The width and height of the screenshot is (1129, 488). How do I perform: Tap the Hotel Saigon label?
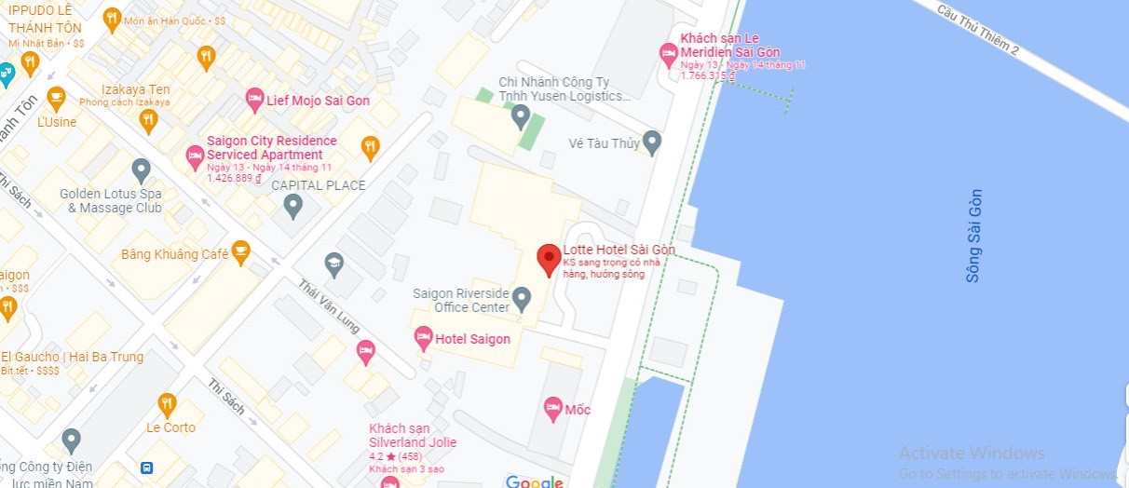(473, 339)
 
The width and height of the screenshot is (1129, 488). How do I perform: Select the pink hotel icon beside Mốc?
(552, 408)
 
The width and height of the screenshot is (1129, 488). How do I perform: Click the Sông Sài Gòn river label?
(973, 236)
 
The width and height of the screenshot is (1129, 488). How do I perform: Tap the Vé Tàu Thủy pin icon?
(652, 142)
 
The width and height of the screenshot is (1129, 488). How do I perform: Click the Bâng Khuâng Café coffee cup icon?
(240, 251)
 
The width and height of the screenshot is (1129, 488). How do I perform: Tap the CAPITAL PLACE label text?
(318, 185)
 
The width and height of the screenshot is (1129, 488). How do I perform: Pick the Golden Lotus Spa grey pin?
(142, 169)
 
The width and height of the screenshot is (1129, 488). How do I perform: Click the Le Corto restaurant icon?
(168, 403)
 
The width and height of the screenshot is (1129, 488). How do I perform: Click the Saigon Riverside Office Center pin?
(522, 298)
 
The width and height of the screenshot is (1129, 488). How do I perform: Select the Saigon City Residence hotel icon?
(195, 156)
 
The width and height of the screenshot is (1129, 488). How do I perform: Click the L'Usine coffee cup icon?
(57, 97)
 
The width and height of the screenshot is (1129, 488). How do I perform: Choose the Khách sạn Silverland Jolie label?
(413, 435)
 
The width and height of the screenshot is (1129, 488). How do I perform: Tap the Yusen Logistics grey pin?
(521, 116)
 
